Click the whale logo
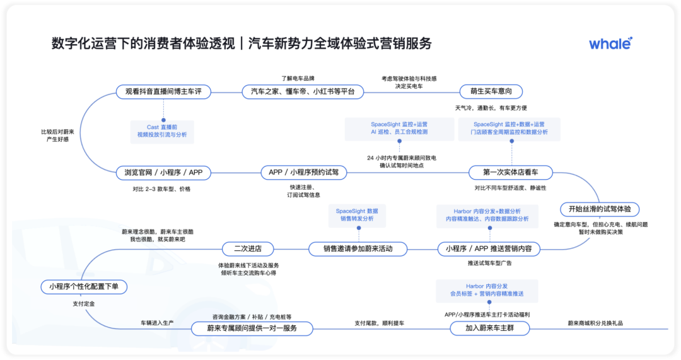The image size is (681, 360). pos(610,44)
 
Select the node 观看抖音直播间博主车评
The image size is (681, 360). pos(163,91)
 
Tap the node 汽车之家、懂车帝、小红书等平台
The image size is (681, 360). pos(303,91)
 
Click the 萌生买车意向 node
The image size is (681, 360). pos(491,91)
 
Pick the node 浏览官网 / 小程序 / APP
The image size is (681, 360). pos(163,172)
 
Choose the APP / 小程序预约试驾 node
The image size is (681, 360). pos(303,172)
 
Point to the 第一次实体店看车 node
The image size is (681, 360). pos(510,172)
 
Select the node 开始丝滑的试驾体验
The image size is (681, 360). pos(600,209)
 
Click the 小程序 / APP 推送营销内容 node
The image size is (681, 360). pos(489,249)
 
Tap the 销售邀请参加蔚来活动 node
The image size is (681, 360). pos(358,249)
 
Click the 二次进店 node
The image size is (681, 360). pos(248,249)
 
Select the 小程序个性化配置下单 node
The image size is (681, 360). pos(84,287)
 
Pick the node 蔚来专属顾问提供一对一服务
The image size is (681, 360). pos(252,328)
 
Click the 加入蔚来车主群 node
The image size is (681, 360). pos(489,328)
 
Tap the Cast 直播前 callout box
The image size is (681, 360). pos(162,131)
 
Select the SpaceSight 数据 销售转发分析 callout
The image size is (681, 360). pos(357,215)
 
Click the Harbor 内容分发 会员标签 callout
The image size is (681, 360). pos(487,290)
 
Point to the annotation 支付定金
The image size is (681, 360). pos(83,304)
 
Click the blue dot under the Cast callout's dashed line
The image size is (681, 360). pos(163,120)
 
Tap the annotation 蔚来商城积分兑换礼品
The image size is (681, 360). pos(595,323)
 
